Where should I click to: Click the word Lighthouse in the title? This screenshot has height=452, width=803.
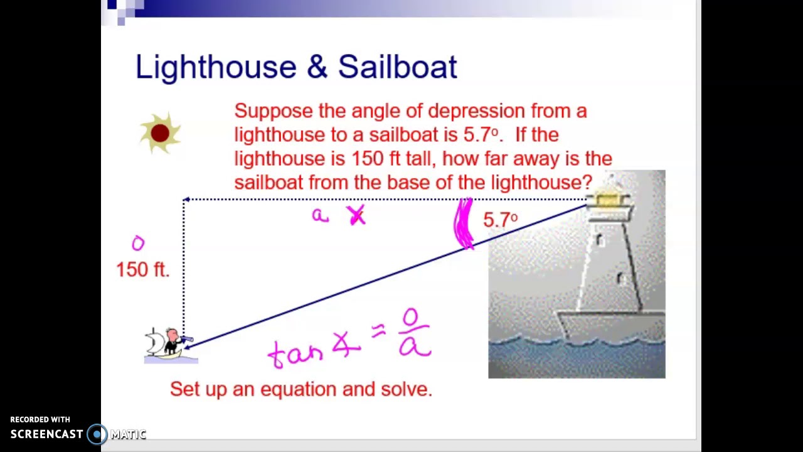[216, 67]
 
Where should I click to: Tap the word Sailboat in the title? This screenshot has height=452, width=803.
[398, 67]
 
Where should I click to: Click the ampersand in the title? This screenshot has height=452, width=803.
[317, 67]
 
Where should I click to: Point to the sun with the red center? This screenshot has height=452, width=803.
[160, 133]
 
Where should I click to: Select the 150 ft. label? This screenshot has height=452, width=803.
[143, 269]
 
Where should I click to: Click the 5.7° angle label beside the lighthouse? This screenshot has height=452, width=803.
[500, 220]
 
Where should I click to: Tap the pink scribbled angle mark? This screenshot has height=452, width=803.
[464, 224]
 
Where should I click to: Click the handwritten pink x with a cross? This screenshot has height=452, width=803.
[357, 216]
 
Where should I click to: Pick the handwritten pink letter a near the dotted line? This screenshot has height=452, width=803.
[320, 216]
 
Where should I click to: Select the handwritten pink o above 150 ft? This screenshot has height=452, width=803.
[138, 243]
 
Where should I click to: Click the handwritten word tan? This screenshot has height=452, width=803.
[295, 353]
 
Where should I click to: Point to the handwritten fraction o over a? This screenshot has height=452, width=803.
[414, 333]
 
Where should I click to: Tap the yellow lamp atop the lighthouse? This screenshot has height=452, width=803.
[607, 200]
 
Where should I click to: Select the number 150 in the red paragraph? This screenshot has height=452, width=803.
[366, 159]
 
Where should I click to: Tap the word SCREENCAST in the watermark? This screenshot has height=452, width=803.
[47, 434]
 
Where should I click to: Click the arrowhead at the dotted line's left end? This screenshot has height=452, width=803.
[186, 200]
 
